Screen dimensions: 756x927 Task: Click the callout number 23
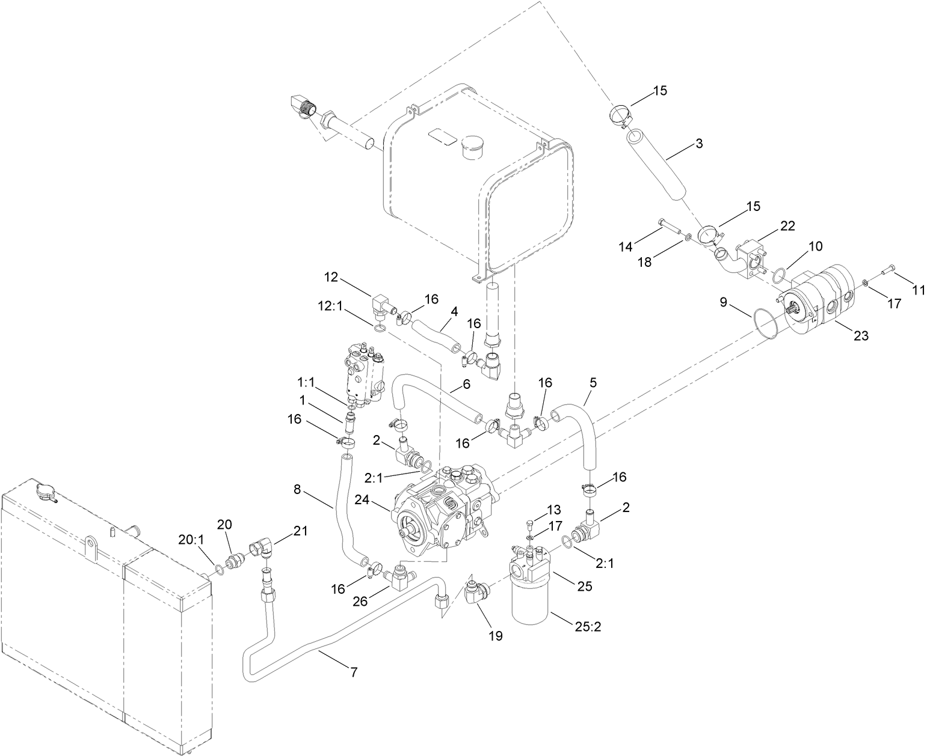point(861,336)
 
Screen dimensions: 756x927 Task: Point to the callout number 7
point(354,673)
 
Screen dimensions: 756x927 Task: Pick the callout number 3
point(698,144)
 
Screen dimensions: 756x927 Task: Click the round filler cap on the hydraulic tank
point(471,147)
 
